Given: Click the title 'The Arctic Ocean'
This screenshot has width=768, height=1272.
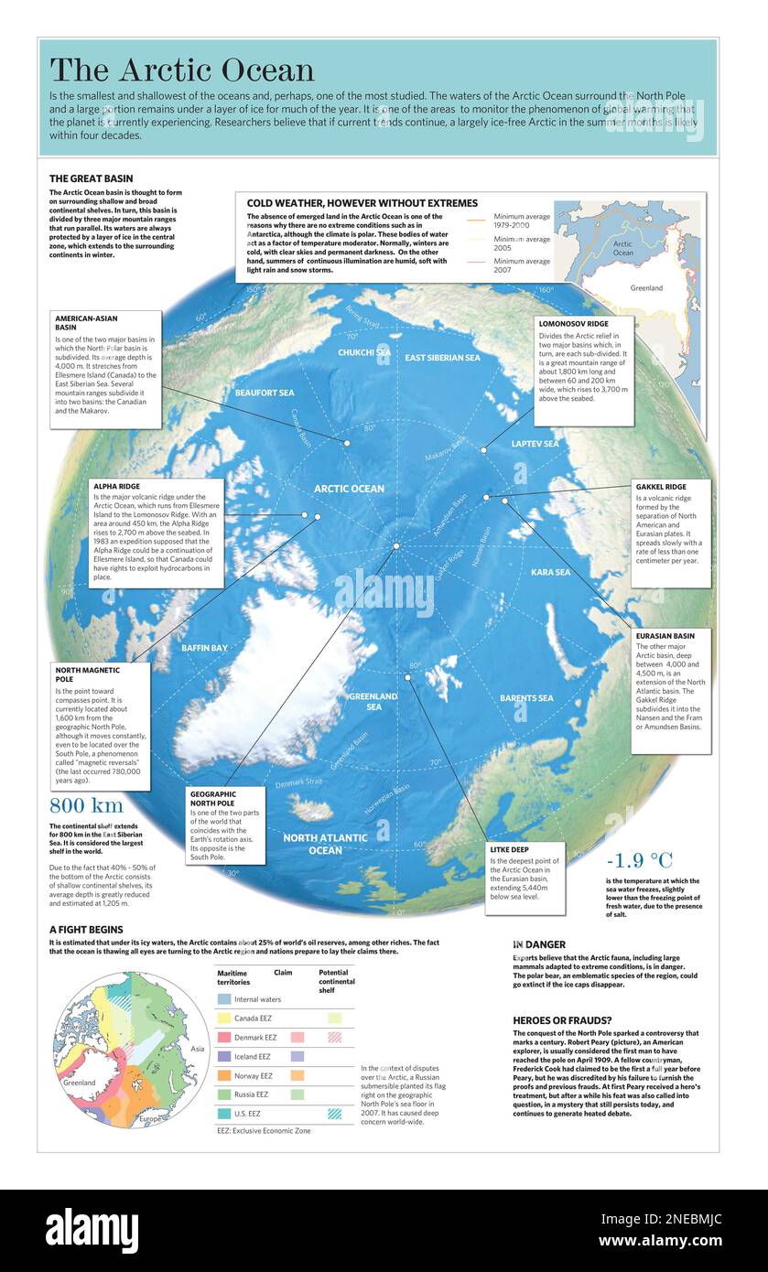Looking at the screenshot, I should pyautogui.click(x=181, y=70).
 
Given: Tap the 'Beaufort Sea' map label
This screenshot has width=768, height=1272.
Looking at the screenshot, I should pyautogui.click(x=265, y=393).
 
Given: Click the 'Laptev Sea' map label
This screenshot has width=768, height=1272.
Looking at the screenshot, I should pyautogui.click(x=535, y=444).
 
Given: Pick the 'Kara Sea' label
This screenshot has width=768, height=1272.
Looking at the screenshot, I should pyautogui.click(x=550, y=572).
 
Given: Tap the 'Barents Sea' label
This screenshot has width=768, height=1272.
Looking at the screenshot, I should pyautogui.click(x=526, y=698).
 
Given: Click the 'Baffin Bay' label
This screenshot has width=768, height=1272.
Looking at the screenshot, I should pyautogui.click(x=204, y=648).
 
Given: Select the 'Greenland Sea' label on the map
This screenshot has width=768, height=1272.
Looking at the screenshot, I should pyautogui.click(x=373, y=702).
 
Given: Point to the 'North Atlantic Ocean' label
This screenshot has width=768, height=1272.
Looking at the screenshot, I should pyautogui.click(x=325, y=844).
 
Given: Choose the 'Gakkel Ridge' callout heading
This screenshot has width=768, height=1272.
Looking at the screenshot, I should pyautogui.click(x=661, y=487).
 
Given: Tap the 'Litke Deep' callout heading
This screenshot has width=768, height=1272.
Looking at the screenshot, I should pyautogui.click(x=510, y=849).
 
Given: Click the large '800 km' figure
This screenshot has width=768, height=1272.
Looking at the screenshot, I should pyautogui.click(x=86, y=806).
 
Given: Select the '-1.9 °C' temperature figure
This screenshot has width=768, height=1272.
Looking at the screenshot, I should pyautogui.click(x=639, y=860).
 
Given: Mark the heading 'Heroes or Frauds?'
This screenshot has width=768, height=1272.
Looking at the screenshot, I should pyautogui.click(x=563, y=1019).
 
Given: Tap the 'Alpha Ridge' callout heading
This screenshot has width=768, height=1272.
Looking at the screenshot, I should pyautogui.click(x=116, y=486).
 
